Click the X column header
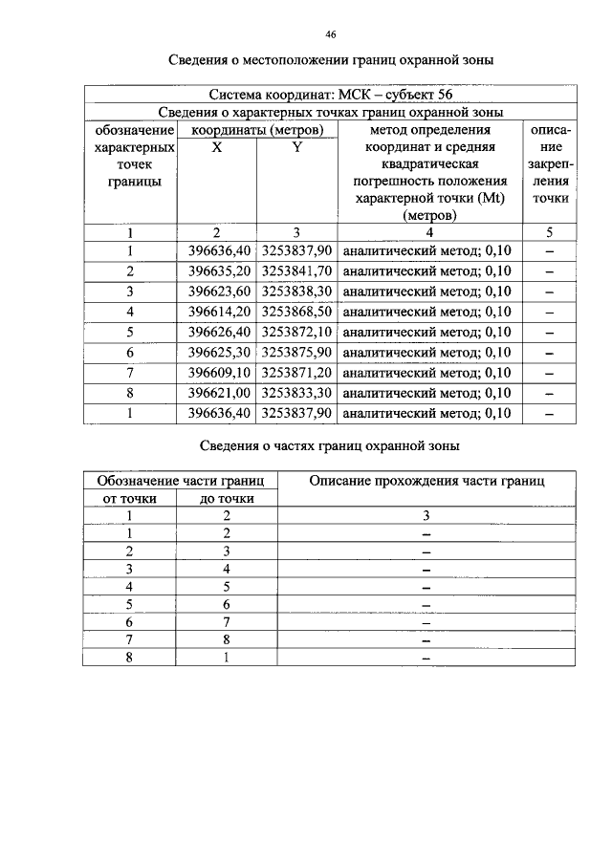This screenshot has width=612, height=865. click(216, 148)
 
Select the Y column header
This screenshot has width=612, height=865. click(296, 148)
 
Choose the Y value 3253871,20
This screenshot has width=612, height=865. click(296, 372)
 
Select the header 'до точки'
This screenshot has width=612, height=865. click(226, 498)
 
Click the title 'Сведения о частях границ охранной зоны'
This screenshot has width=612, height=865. click(330, 445)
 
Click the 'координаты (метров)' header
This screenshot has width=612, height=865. click(256, 129)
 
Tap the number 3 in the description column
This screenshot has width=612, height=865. click(426, 515)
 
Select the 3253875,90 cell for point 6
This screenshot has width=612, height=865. click(296, 352)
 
